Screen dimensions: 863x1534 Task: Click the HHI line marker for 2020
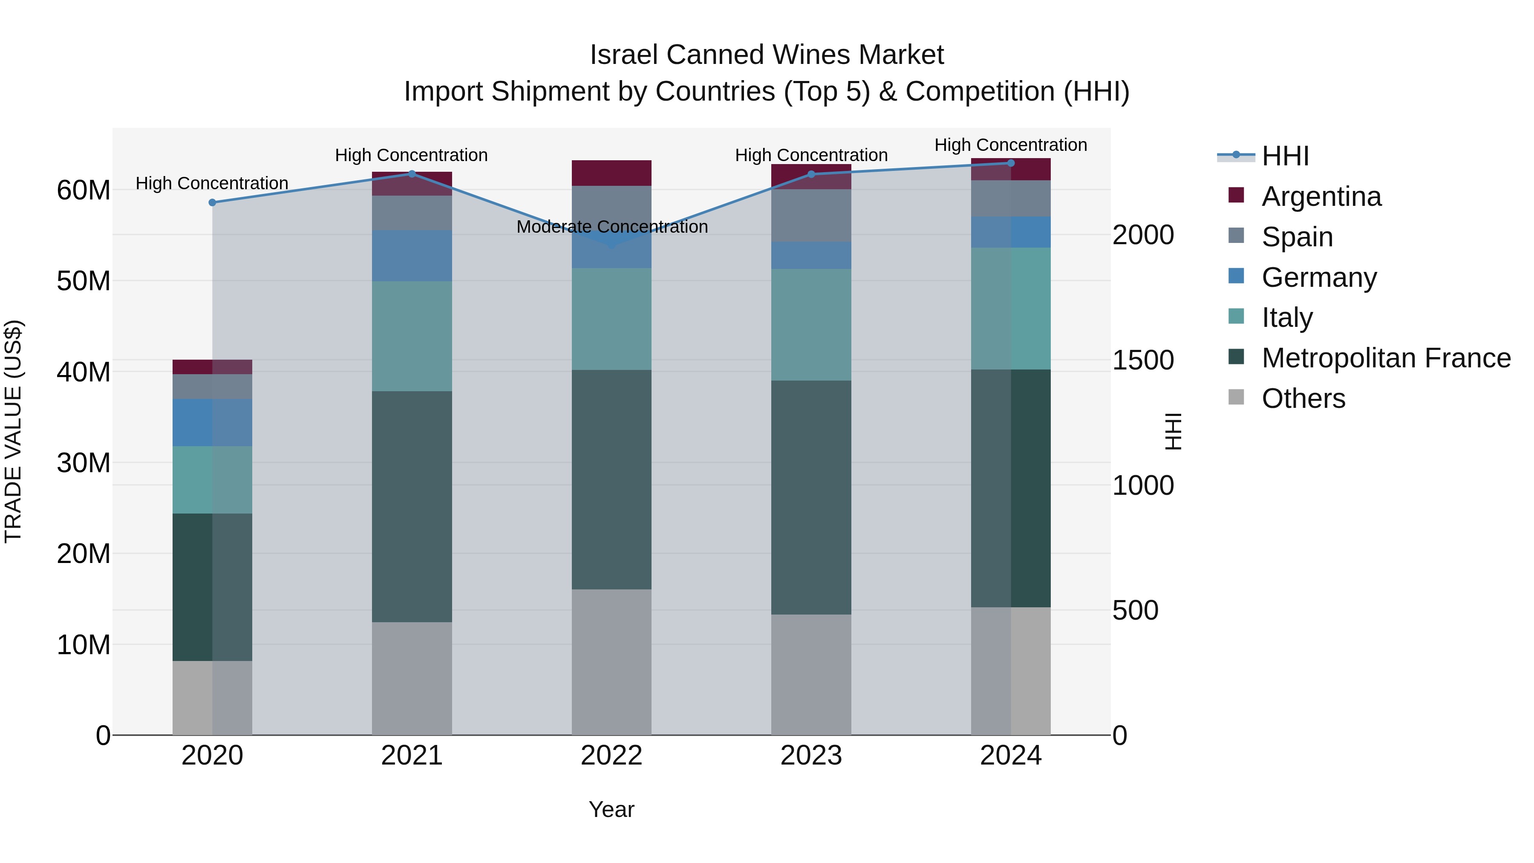212,202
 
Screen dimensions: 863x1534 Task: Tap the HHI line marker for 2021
412,174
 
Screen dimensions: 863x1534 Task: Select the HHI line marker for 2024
1011,163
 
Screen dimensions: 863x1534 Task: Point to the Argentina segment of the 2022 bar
611,173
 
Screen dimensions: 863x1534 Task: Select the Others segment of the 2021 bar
412,678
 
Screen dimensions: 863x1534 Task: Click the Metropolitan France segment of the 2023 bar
811,497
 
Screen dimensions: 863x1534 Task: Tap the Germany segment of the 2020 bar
212,422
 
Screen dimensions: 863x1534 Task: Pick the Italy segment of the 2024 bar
1011,309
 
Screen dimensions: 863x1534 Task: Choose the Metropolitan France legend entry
1385,358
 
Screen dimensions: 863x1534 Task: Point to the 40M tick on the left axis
84,372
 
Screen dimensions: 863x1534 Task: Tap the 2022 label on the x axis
611,756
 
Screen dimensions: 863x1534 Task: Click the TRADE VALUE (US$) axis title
13,431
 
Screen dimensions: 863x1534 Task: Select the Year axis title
611,809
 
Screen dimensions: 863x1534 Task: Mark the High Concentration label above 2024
1011,145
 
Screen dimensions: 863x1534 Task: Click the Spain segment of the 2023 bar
811,216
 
